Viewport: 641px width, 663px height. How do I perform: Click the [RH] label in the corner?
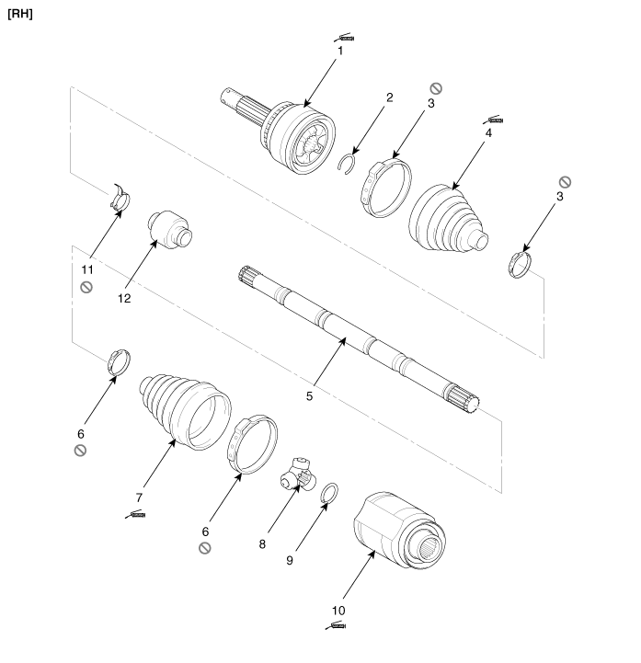click(20, 14)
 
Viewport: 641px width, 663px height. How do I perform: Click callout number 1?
click(340, 51)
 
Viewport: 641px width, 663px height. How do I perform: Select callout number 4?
click(488, 132)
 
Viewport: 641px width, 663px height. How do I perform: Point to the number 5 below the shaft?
click(310, 396)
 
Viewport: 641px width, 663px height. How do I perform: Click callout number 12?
click(124, 299)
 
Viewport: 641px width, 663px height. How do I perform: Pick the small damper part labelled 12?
click(169, 230)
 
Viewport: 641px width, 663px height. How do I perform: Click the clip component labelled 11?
click(120, 199)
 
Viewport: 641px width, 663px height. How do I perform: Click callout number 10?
click(338, 611)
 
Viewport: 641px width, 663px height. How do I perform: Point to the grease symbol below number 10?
click(336, 625)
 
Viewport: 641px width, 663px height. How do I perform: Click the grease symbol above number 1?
click(344, 37)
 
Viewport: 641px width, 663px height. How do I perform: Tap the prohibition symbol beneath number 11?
click(86, 288)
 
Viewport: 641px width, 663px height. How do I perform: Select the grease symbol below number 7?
click(135, 514)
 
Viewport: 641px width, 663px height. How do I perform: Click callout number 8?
click(262, 543)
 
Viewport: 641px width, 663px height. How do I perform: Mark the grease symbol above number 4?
click(493, 120)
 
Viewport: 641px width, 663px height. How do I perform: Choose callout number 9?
click(290, 560)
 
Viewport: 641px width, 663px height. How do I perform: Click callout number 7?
click(139, 497)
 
